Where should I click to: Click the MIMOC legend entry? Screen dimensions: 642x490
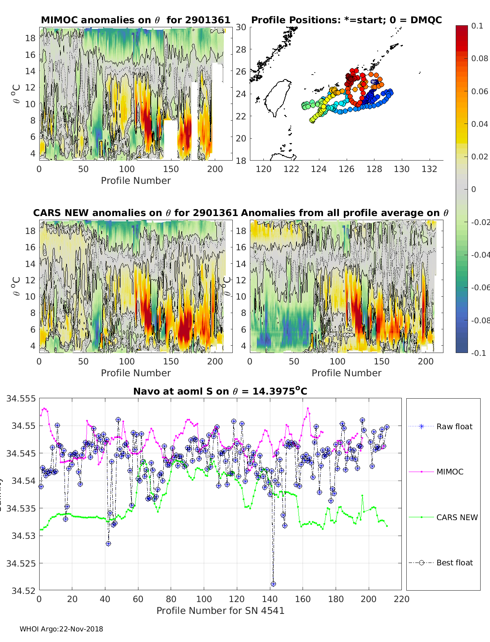pos(450,472)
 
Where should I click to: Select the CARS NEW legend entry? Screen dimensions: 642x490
pos(457,517)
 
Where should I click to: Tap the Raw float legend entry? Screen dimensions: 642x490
pos(454,426)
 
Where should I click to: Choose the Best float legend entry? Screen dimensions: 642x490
pos(454,563)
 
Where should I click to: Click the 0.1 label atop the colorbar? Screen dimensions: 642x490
pos(477,26)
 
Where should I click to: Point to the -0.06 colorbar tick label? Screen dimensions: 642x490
pos(480,287)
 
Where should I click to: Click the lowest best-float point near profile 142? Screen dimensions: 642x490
pos(273,584)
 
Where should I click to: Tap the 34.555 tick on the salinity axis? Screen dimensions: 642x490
pos(21,398)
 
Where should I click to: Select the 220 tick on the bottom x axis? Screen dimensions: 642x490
pos(402,599)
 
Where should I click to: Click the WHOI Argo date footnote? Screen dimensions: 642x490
pos(61,629)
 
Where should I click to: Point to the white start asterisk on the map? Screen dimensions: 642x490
pos(374,82)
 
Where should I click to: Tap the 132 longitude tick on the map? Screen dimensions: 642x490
pos(429,169)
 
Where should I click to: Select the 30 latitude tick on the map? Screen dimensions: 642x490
pos(241,27)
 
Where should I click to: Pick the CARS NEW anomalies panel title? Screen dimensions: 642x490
pos(135,213)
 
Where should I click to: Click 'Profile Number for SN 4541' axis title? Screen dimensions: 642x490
pos(220,610)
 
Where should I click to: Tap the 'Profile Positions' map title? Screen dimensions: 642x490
pos(346,20)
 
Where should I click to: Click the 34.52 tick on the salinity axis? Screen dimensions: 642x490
pos(23,590)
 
